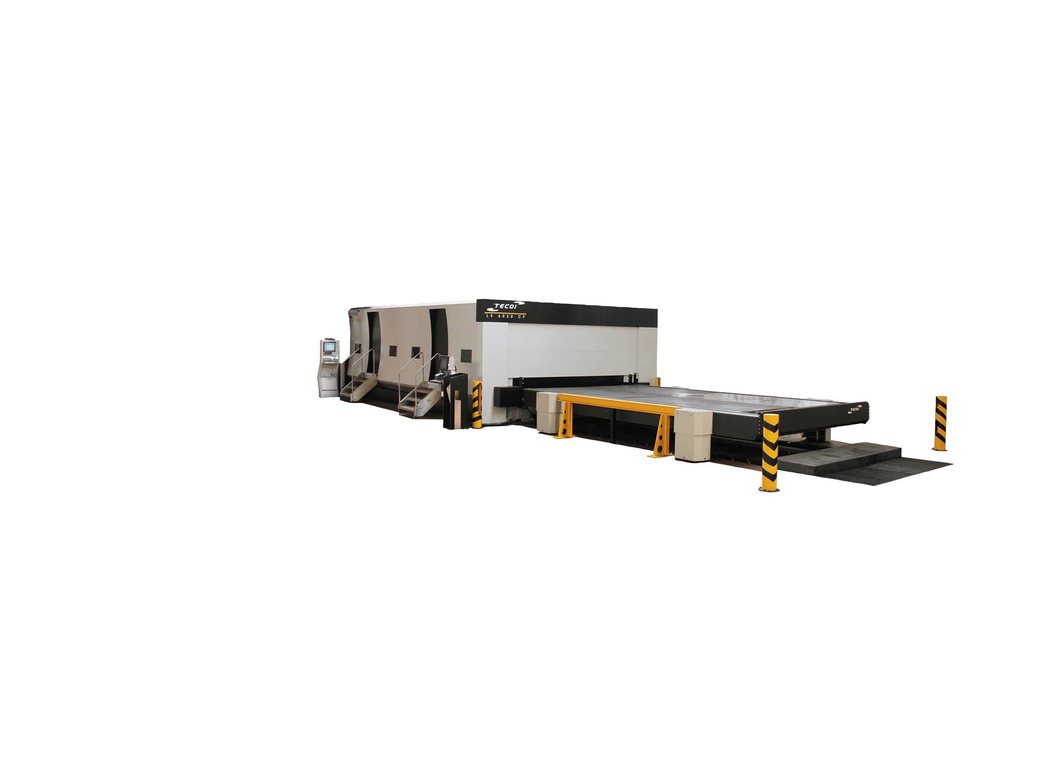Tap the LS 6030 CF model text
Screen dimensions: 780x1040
click(x=505, y=316)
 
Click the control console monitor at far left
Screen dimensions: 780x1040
click(x=329, y=347)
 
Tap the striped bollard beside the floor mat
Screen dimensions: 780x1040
click(x=770, y=451)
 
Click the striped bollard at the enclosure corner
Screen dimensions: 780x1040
click(x=476, y=404)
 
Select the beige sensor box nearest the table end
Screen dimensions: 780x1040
click(x=693, y=434)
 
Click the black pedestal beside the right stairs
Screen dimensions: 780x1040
click(x=455, y=400)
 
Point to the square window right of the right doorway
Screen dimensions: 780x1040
click(x=466, y=355)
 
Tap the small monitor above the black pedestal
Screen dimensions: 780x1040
click(x=444, y=362)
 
